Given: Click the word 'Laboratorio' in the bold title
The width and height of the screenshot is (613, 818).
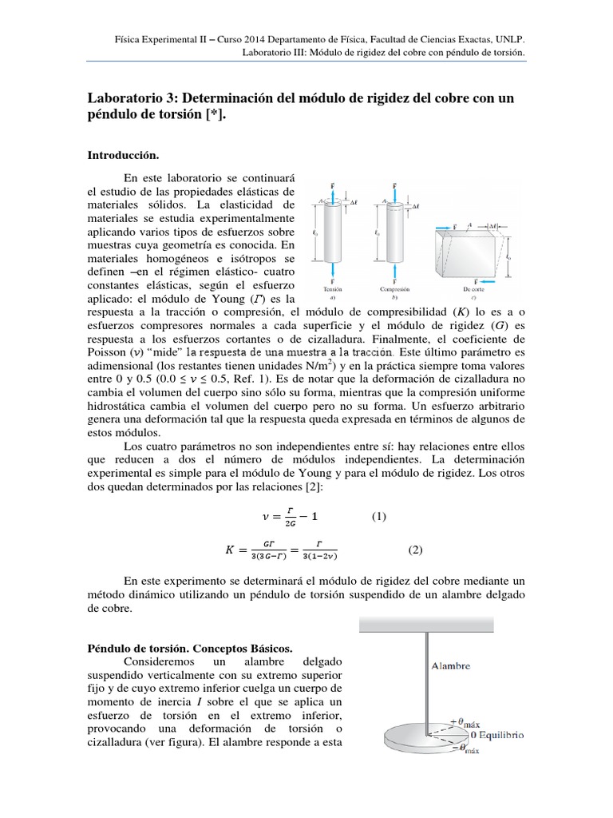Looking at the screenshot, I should tap(126, 98).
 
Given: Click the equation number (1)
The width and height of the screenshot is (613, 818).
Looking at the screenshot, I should tap(379, 516).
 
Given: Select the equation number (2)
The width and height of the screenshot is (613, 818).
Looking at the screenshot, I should tap(415, 550).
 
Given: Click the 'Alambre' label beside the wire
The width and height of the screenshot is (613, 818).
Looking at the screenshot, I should tap(451, 665).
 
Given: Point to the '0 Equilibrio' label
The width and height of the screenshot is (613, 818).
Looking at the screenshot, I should tap(497, 734).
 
